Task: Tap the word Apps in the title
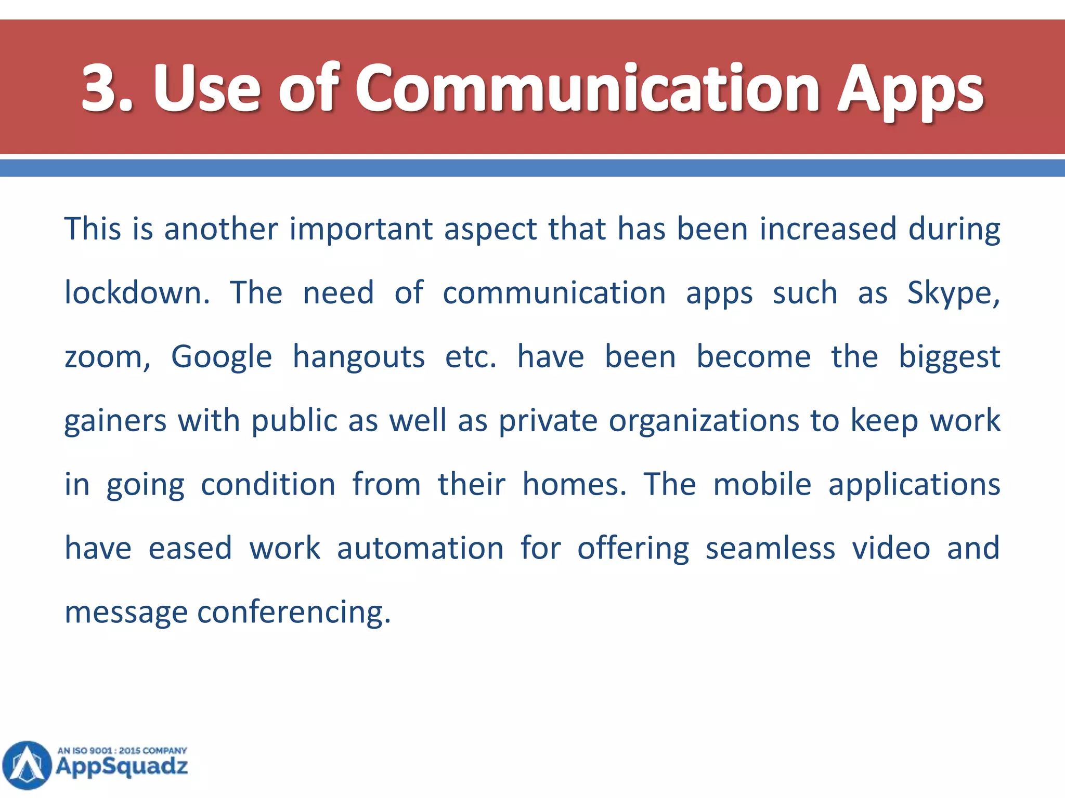click(x=910, y=91)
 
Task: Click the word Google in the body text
click(x=222, y=357)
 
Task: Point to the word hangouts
click(x=358, y=357)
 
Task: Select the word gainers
click(x=115, y=421)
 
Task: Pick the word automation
click(x=420, y=549)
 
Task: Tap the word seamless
click(x=770, y=549)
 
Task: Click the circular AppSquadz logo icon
click(x=27, y=765)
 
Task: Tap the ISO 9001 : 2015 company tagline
click(x=122, y=751)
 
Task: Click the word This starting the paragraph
click(x=93, y=229)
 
